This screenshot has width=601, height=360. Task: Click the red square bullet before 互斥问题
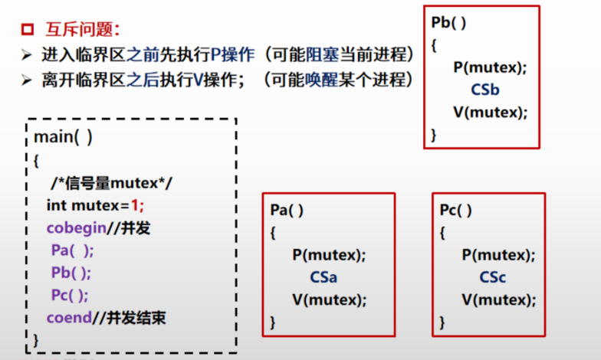tap(27, 30)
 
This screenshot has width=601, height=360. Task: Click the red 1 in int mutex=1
tap(138, 205)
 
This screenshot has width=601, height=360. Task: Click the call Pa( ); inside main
tap(72, 250)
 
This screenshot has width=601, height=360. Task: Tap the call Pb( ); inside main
tap(71, 273)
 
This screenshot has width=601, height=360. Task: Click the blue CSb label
tap(485, 90)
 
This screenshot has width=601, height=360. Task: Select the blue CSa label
tap(323, 277)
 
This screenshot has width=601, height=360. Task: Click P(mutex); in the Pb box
tap(490, 67)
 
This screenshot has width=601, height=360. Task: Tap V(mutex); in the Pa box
tap(329, 299)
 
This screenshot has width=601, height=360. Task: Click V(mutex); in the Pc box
tap(498, 299)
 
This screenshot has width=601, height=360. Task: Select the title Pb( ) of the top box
tap(448, 22)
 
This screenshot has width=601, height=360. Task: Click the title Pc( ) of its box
tap(456, 210)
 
